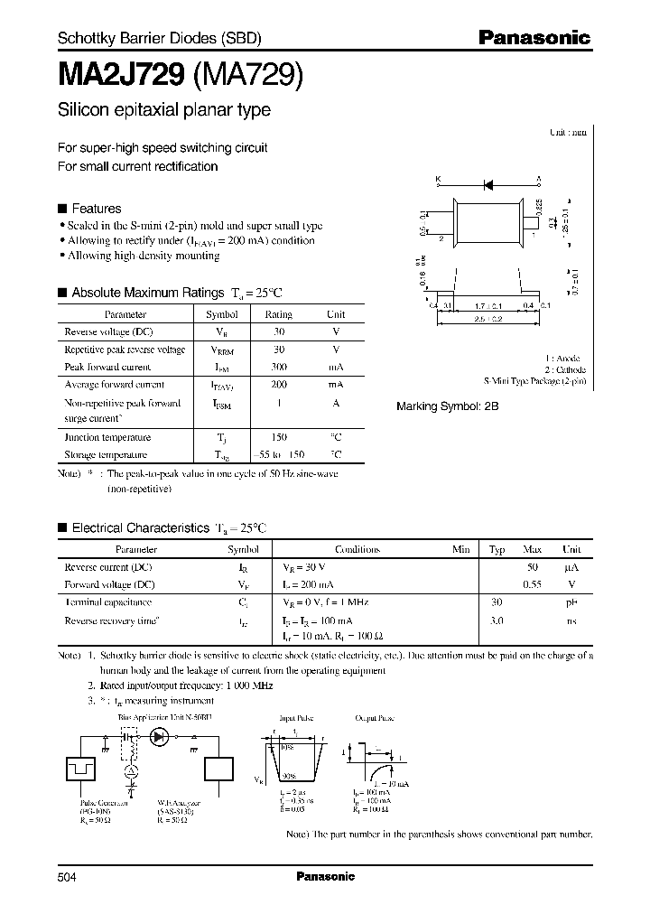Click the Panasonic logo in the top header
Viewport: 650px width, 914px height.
tap(534, 38)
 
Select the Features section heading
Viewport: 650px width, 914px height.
tap(96, 208)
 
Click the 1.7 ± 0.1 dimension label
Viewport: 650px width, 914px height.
tap(487, 306)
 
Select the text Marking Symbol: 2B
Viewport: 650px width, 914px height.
tap(447, 407)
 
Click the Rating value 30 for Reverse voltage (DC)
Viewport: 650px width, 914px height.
tap(278, 331)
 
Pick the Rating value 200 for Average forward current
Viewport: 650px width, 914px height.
tap(278, 384)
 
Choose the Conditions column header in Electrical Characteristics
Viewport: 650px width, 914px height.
tap(357, 549)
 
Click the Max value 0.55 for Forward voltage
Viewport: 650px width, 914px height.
tap(533, 583)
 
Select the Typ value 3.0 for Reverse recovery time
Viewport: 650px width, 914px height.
tap(496, 620)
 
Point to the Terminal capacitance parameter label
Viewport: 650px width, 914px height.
tap(107, 602)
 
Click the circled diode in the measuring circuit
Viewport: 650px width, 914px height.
tap(161, 738)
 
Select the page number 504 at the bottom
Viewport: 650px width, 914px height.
tap(68, 876)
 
